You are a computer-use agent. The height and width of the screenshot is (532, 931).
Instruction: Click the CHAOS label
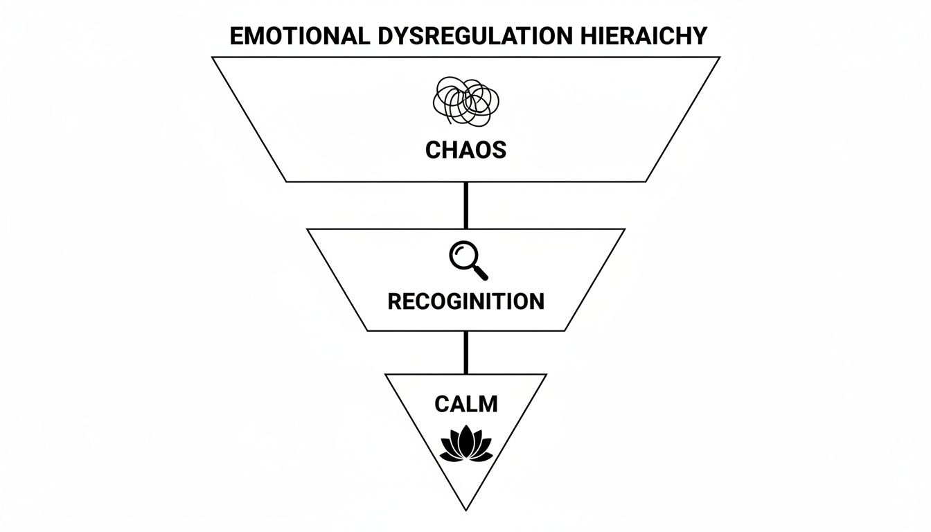point(465,150)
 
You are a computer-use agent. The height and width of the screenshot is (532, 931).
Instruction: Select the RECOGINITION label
point(465,301)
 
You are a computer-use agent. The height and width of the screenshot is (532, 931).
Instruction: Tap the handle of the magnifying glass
point(479,272)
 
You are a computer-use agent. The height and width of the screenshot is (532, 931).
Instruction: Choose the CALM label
point(465,404)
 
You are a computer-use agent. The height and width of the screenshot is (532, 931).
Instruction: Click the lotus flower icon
point(466,445)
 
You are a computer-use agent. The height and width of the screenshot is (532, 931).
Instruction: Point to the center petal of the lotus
point(466,439)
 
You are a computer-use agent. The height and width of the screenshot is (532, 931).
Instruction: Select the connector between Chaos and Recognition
point(465,205)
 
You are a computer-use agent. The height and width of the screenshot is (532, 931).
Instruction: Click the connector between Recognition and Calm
point(465,353)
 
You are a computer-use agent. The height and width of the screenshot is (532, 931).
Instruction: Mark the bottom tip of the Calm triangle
point(465,510)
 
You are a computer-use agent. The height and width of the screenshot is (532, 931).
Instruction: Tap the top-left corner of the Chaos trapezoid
point(213,57)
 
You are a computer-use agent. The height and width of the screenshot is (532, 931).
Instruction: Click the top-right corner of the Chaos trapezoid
point(719,57)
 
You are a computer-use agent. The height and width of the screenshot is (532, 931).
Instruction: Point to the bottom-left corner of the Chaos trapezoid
point(287,181)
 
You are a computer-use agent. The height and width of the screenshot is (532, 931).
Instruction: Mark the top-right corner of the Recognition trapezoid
point(624,229)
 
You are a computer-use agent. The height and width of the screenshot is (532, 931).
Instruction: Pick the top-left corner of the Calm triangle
point(386,375)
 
